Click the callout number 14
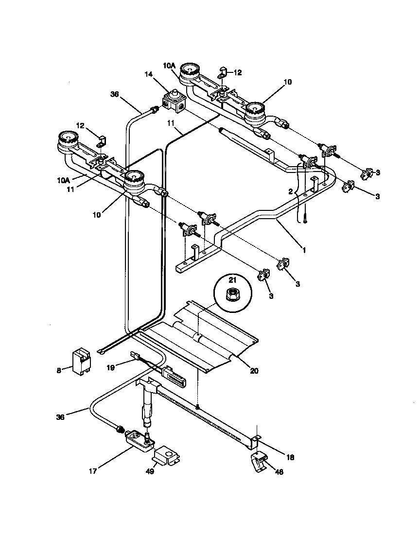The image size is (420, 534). pyautogui.click(x=148, y=74)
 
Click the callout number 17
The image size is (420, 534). pyautogui.click(x=93, y=470)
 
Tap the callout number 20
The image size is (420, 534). pyautogui.click(x=254, y=371)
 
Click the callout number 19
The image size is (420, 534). pyautogui.click(x=110, y=368)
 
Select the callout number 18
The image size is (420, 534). pyautogui.click(x=290, y=457)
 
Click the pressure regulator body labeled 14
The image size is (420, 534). pyautogui.click(x=173, y=102)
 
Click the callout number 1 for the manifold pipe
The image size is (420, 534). pyautogui.click(x=304, y=250)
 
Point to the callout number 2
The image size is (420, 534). pyautogui.click(x=290, y=192)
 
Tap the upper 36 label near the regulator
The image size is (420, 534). pyautogui.click(x=114, y=95)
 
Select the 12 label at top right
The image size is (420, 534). pyautogui.click(x=238, y=72)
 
